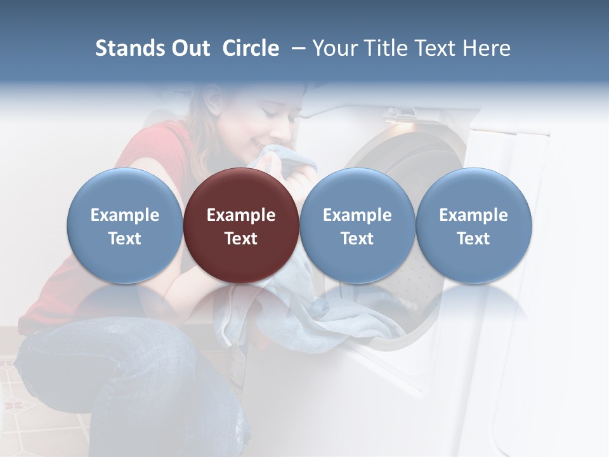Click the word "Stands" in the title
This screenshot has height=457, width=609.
[x=130, y=48]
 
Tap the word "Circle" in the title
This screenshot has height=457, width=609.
[x=251, y=48]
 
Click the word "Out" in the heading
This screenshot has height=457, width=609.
[x=190, y=48]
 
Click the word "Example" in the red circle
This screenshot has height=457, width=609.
[x=241, y=215]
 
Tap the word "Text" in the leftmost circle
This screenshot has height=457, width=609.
[x=125, y=239]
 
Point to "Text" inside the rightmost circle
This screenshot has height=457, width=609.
[x=474, y=239]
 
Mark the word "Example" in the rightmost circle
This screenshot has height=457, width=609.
[x=474, y=215]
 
